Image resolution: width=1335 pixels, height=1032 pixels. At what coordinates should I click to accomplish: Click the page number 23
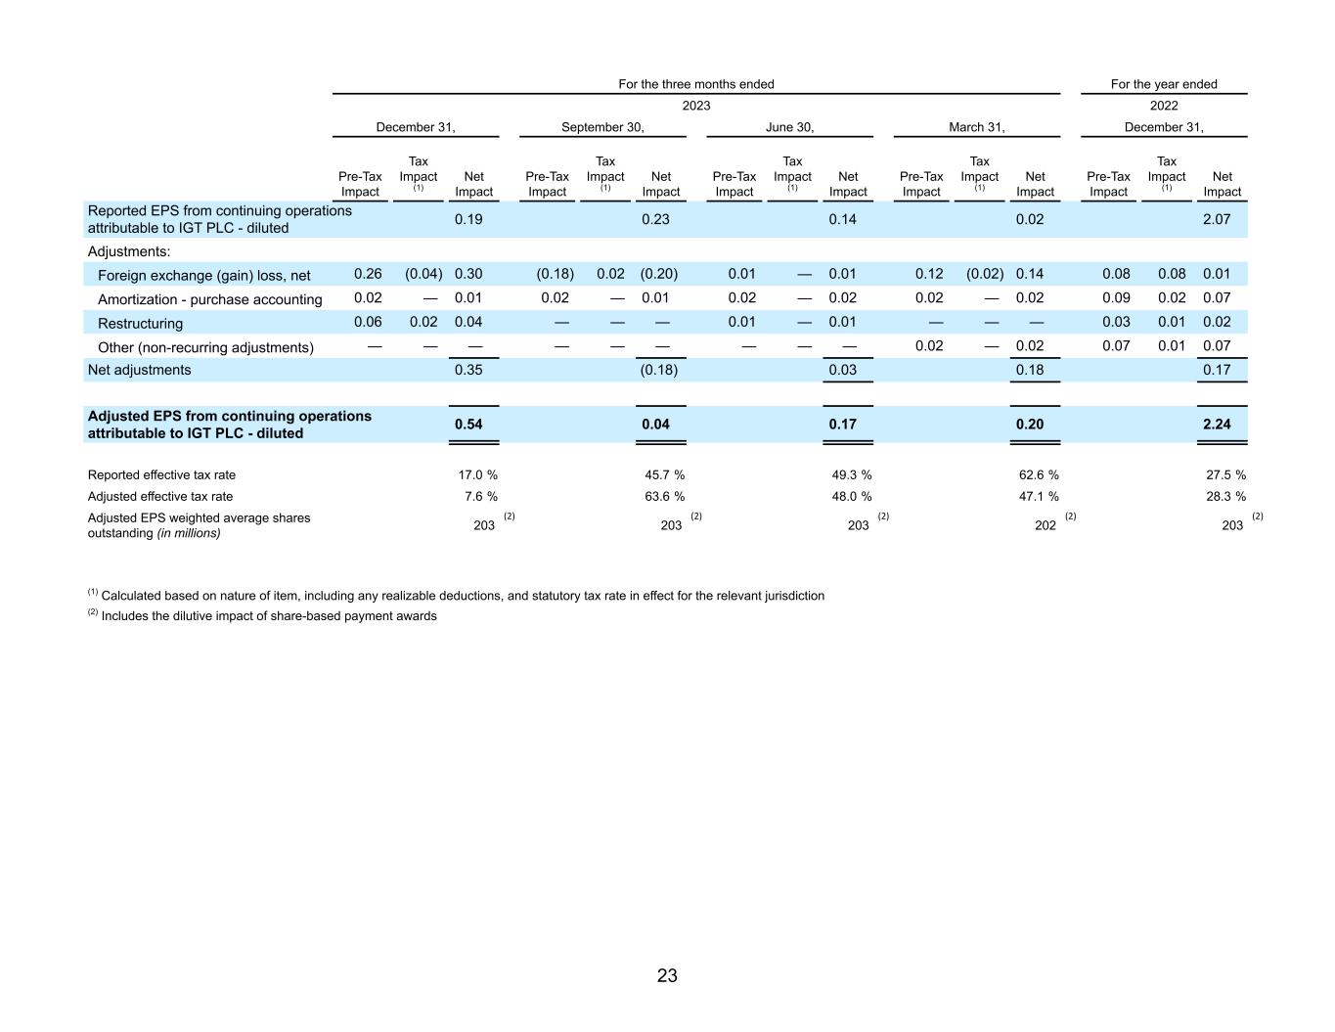pos(667,975)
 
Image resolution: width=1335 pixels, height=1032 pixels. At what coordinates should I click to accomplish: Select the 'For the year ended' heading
pos(1164,84)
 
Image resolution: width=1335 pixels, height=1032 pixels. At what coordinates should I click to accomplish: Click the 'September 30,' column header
pos(602,127)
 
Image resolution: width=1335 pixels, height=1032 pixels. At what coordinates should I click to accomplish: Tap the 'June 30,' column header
pos(789,127)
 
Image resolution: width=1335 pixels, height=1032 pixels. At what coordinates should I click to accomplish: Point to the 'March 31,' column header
pos(976,127)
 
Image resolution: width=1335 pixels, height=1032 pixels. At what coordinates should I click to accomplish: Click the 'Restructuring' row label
pos(140,323)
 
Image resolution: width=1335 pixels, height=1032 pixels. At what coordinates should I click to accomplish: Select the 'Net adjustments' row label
pos(139,370)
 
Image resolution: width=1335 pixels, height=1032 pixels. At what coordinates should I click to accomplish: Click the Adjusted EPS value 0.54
pos(468,425)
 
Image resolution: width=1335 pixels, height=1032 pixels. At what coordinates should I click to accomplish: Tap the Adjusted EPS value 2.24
pos(1217,425)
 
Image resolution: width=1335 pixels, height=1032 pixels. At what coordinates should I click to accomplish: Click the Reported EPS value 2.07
pos(1217,219)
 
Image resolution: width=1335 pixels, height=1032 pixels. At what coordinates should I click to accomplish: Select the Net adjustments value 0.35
pos(468,370)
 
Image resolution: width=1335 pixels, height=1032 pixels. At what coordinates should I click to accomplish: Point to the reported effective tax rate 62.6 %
pos(1039,475)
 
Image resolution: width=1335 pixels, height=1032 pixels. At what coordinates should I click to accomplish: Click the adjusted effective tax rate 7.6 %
pos(480,497)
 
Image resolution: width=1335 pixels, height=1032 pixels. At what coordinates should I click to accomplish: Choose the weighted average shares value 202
pos(1046,525)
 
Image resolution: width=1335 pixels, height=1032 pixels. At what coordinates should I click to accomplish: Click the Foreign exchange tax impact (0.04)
pos(423,274)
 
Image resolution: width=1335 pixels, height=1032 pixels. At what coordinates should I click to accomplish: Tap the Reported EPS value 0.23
pos(655,219)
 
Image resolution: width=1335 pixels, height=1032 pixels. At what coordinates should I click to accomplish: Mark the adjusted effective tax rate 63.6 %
pos(664,497)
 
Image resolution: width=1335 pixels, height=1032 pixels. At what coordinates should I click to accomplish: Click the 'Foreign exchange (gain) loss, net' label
pos(203,276)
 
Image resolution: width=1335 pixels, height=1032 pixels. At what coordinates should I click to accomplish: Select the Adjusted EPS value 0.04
pos(655,425)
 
